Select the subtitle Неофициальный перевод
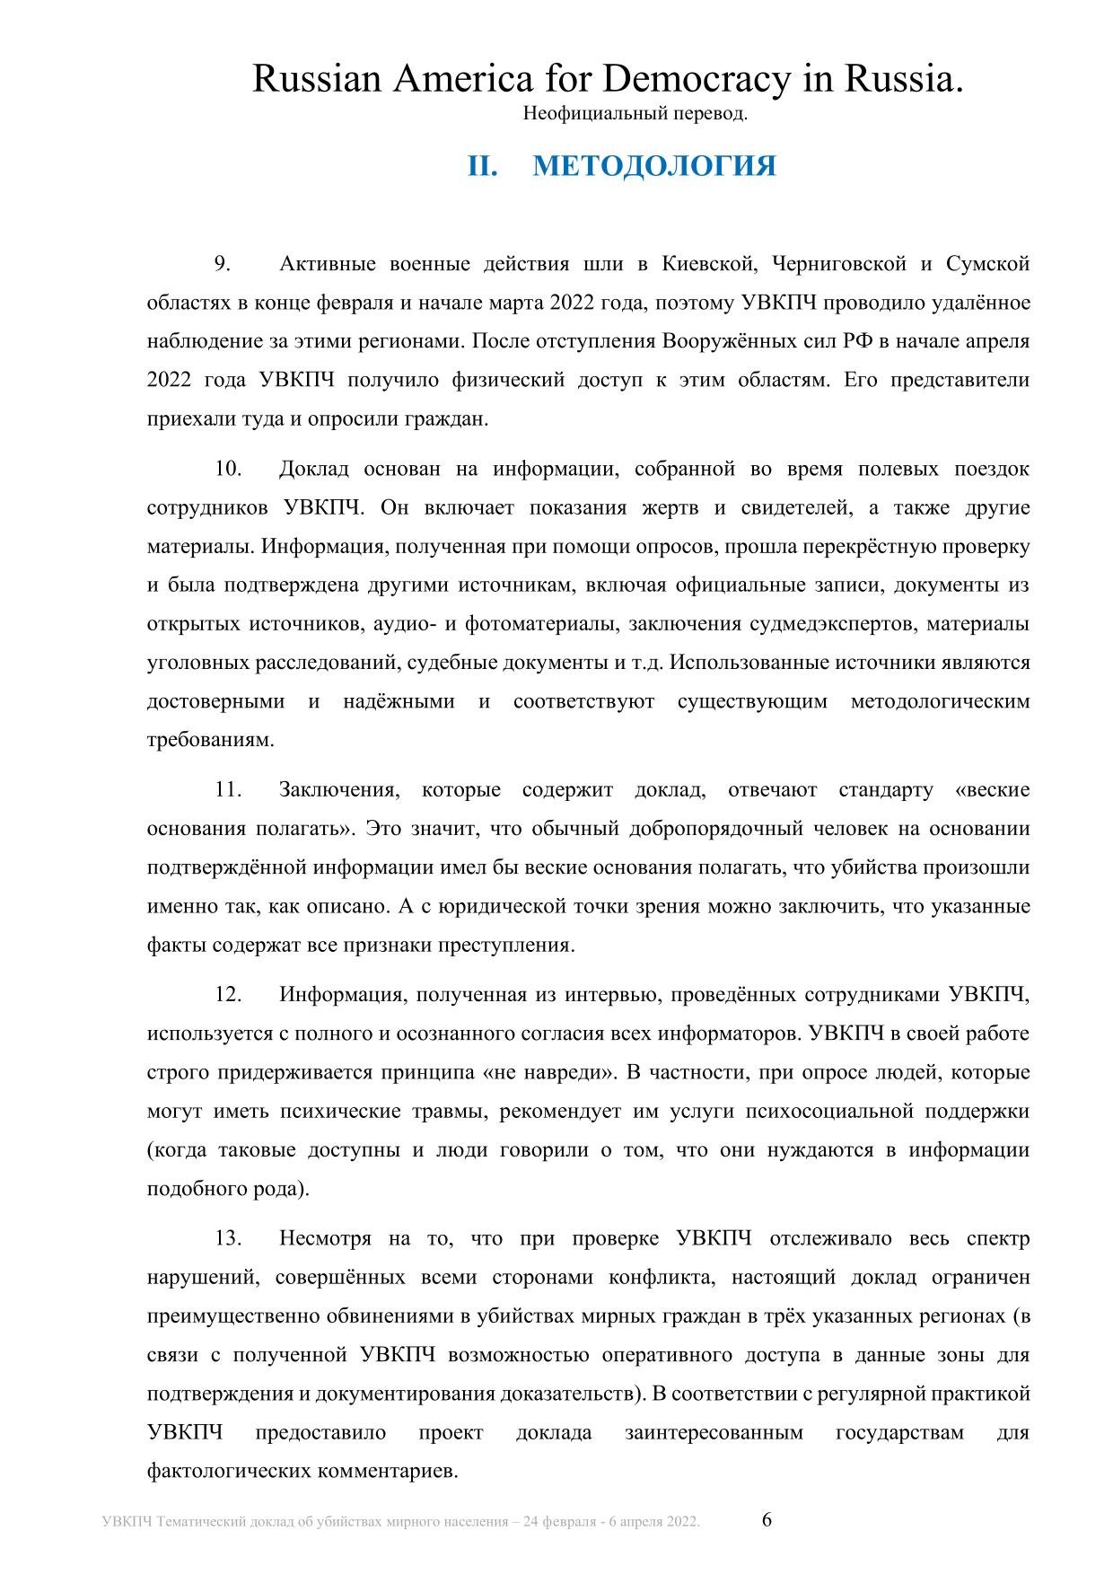(635, 114)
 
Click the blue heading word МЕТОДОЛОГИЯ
(654, 166)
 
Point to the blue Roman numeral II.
(482, 166)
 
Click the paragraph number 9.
(222, 264)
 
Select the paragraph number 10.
(228, 469)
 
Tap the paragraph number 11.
(228, 790)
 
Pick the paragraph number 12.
(228, 995)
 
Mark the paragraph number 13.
(228, 1239)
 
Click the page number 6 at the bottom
(767, 1520)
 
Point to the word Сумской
(987, 264)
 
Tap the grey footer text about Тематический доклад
(401, 1522)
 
